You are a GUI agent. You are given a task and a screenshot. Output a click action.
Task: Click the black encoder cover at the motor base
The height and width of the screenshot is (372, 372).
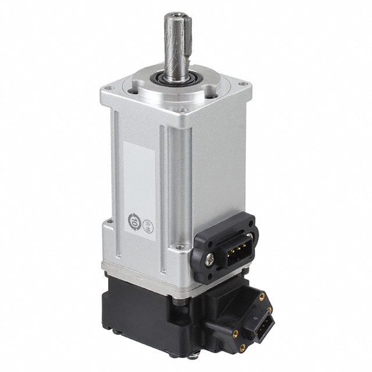pyautogui.click(x=145, y=314)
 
